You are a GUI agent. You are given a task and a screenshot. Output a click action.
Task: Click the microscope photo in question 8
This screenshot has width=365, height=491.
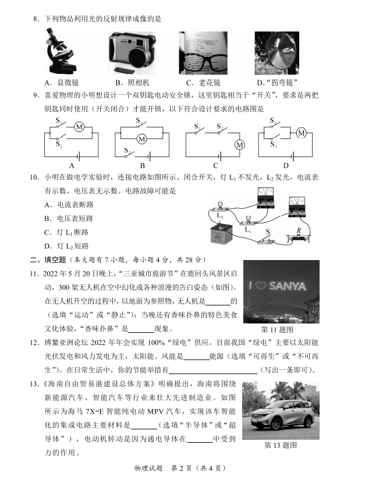60,53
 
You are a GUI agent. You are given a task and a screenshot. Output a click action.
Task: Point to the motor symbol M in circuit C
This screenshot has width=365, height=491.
239,145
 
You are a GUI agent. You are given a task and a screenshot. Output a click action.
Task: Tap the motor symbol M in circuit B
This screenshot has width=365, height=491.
141,138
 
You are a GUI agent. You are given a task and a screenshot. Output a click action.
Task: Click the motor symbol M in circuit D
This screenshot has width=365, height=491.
302,133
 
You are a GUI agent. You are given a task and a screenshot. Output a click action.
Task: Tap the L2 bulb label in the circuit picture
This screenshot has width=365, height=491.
219,216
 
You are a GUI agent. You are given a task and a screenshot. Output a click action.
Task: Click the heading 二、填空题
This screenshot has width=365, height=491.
48,259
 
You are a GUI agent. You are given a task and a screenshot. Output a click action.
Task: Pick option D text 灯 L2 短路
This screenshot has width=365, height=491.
66,246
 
